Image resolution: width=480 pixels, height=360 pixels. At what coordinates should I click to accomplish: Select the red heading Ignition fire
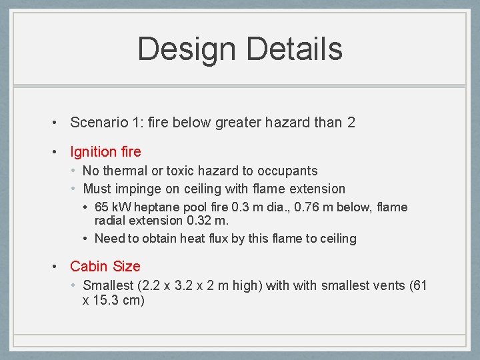click(x=105, y=152)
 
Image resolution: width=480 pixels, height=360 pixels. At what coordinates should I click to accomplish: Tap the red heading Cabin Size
click(x=105, y=267)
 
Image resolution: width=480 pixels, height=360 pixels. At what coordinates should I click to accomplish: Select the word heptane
click(x=155, y=208)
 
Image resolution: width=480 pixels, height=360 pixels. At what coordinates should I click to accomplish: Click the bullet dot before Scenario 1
click(x=57, y=123)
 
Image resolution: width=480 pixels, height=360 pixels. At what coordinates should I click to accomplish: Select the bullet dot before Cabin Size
click(x=57, y=267)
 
